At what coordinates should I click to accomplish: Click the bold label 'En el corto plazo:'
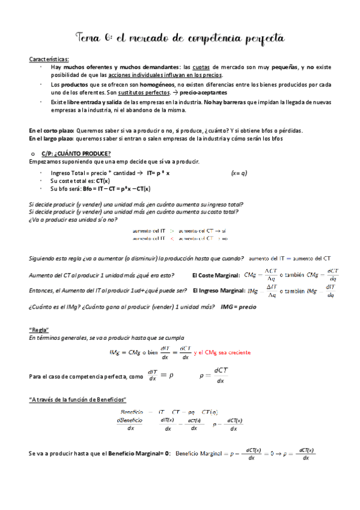coord(52,131)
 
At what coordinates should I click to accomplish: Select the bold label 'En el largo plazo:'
coord(52,139)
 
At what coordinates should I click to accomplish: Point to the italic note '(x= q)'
coord(239,173)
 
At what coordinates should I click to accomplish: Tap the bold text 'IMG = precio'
coord(238,306)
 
